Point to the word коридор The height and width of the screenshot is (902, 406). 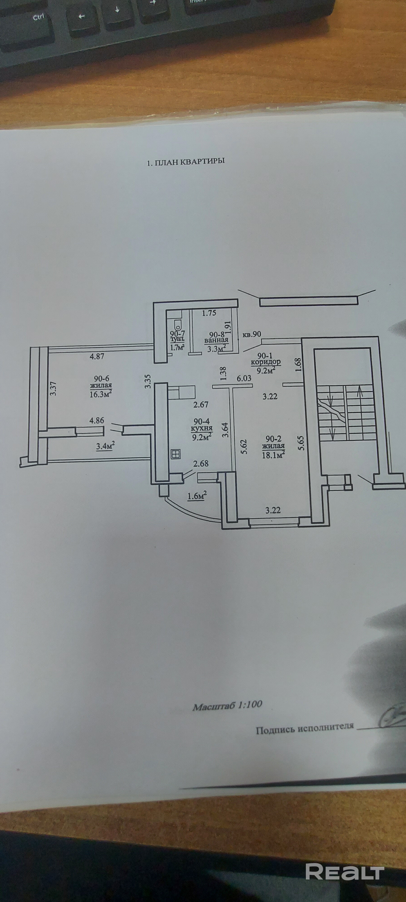[x=265, y=362]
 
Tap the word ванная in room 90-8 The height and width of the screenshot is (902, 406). [x=217, y=340]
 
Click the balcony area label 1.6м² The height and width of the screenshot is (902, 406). [x=197, y=496]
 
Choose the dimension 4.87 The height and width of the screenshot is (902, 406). [x=97, y=357]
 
